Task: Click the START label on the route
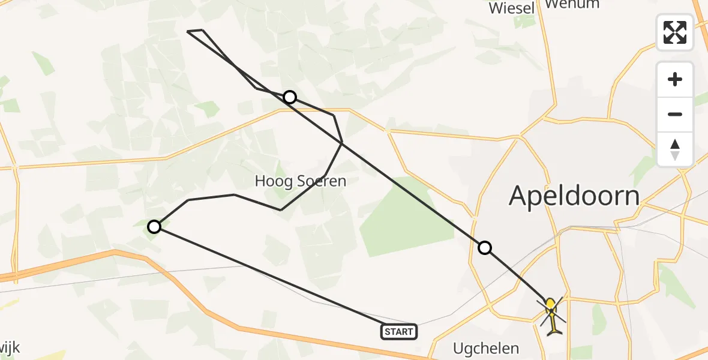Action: tap(399, 332)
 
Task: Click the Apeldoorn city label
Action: tap(574, 196)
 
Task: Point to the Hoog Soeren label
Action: tap(301, 181)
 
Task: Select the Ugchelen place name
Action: tap(486, 348)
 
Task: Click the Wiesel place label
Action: tap(512, 8)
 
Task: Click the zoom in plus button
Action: tap(675, 79)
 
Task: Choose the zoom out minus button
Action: tap(675, 114)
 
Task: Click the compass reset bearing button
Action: tap(675, 149)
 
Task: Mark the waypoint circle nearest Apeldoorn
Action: tap(484, 247)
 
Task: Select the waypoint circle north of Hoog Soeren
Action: tap(290, 97)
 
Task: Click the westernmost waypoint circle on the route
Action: tap(154, 226)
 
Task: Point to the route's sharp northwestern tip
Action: tap(189, 31)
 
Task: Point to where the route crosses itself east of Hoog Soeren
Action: tap(341, 142)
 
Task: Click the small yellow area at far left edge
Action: tap(5, 303)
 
